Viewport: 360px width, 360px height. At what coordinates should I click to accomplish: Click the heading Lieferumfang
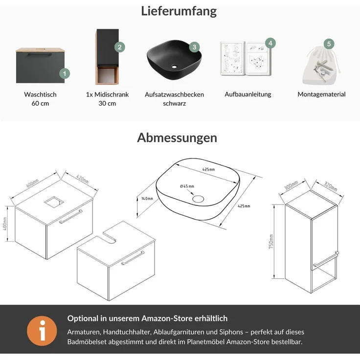pos(179,11)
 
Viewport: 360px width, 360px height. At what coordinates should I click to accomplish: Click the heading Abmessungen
pos(177,137)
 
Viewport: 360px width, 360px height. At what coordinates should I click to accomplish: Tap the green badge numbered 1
pos(64,74)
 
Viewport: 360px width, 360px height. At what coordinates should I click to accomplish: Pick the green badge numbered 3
pos(194,47)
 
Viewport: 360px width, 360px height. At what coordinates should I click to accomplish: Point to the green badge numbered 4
pos(270,43)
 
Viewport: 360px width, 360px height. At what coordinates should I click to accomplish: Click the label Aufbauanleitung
pos(248,94)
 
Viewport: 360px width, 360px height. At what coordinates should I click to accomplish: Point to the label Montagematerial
pos(321,94)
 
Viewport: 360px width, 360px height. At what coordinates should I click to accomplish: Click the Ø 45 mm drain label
pos(187,186)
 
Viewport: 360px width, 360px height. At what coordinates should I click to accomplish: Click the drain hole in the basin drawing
pos(199,199)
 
